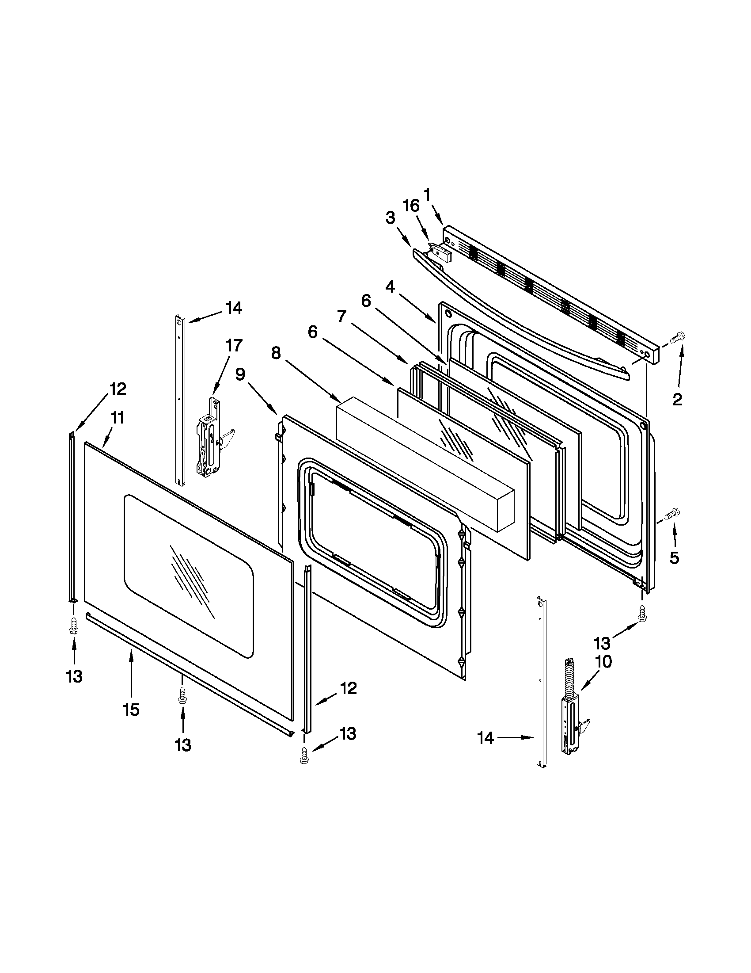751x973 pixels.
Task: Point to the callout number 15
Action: point(131,709)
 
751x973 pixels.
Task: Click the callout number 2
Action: point(677,400)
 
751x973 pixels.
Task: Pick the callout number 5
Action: point(675,557)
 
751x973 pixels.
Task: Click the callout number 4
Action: point(390,287)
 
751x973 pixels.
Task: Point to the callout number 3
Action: point(390,218)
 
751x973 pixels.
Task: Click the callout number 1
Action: point(426,195)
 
